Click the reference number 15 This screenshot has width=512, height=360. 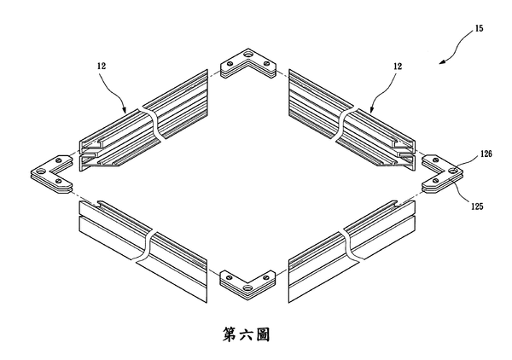479,28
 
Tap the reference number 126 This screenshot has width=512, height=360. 486,154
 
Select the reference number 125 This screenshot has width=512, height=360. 477,206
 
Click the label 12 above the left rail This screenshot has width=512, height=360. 102,66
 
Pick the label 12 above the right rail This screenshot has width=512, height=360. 398,67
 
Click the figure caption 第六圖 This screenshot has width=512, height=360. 247,335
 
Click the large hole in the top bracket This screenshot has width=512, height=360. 248,53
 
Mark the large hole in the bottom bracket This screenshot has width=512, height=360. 248,288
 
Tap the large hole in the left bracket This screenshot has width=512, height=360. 42,171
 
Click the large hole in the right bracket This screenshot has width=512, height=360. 453,170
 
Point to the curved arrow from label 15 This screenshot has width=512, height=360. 457,46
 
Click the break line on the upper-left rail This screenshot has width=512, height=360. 152,124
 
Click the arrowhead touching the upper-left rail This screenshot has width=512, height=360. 124,110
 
